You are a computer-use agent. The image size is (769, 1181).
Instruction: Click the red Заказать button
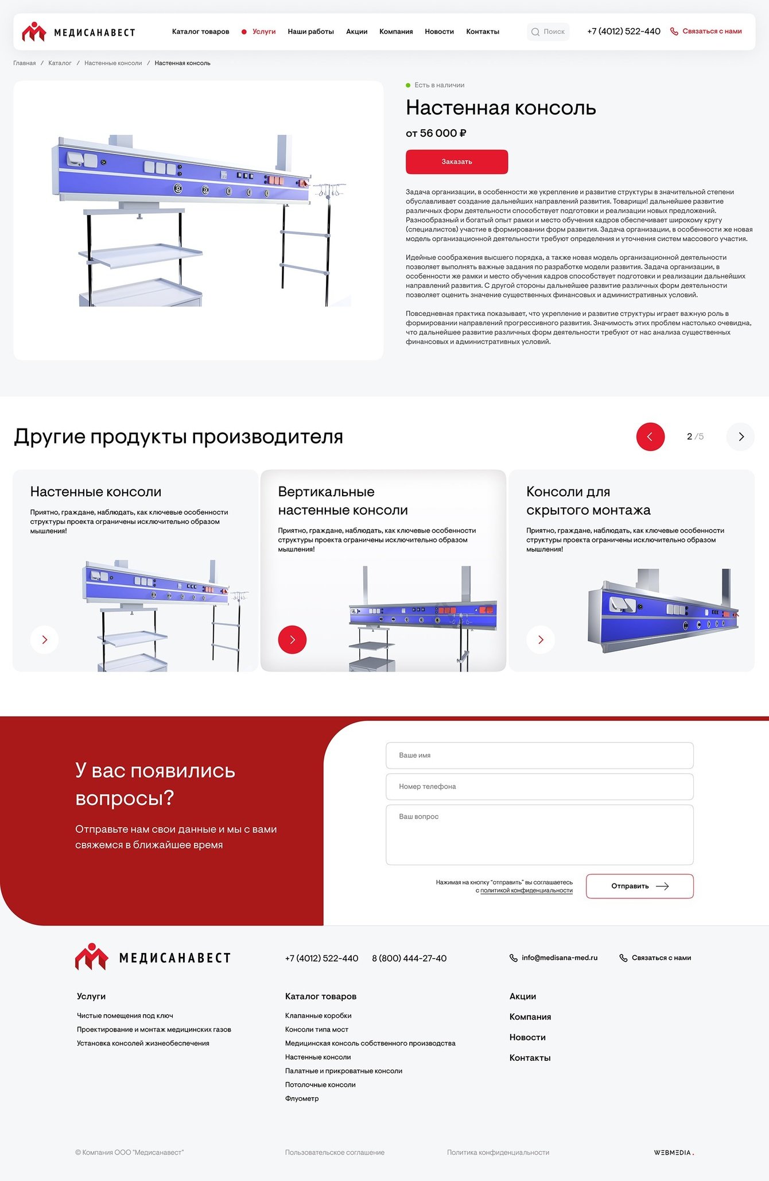[x=457, y=161]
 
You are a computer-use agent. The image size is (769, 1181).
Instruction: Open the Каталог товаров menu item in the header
[x=200, y=32]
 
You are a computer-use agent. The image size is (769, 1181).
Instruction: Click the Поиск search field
[x=548, y=32]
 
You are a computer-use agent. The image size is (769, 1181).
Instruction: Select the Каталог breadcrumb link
[x=60, y=63]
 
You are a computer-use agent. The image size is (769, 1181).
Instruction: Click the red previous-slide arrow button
[x=650, y=437]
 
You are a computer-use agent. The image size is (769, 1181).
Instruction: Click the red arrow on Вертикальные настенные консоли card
[x=292, y=639]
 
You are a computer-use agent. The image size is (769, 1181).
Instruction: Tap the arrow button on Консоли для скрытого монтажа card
[x=541, y=639]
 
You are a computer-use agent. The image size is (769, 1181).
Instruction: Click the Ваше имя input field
[x=539, y=755]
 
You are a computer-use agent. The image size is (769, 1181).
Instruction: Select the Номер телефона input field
[x=539, y=786]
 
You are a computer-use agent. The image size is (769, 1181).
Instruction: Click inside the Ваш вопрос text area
[x=539, y=835]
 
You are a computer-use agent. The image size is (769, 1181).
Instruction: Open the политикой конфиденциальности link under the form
[x=526, y=890]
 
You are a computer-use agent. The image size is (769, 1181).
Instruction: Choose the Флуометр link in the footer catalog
[x=302, y=1098]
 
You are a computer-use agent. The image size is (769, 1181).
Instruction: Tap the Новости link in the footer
[x=527, y=1037]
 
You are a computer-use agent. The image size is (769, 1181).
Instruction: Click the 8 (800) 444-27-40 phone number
[x=409, y=958]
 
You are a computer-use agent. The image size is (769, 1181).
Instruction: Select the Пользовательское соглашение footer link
[x=335, y=1152]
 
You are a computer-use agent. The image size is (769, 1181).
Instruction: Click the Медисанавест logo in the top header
[x=79, y=32]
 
